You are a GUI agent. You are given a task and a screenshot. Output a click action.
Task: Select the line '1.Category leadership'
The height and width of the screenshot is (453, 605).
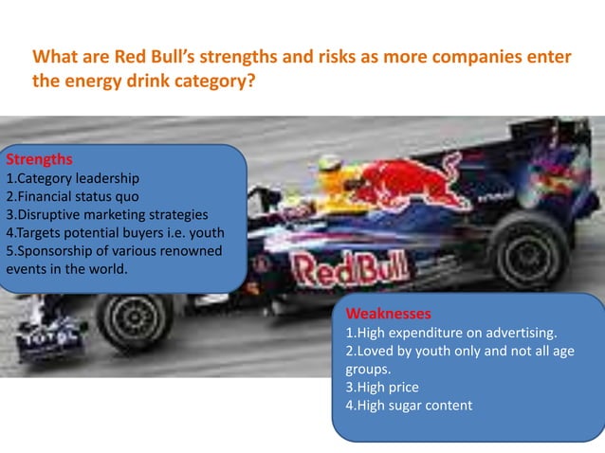(x=73, y=178)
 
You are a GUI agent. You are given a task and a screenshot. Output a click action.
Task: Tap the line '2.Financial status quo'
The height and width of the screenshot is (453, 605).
(x=73, y=196)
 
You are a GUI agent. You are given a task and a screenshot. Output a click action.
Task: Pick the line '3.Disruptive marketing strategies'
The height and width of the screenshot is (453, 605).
(x=106, y=214)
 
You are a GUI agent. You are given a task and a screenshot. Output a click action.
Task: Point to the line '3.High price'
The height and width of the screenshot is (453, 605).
(x=381, y=388)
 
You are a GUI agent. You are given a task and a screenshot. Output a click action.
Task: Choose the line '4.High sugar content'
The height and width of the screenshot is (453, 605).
(x=408, y=406)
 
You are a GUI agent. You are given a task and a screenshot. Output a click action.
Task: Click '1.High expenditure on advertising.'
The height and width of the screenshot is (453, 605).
(x=450, y=333)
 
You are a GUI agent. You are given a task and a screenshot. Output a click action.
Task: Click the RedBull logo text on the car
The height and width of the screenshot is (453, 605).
(x=340, y=272)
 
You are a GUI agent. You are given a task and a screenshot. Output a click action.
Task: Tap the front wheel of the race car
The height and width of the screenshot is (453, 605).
(x=134, y=320)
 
